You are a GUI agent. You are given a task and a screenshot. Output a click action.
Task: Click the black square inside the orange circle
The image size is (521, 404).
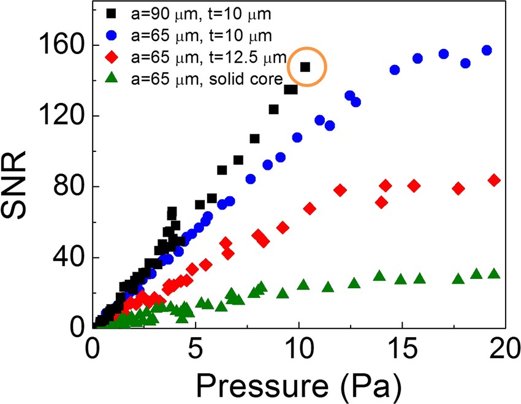305,67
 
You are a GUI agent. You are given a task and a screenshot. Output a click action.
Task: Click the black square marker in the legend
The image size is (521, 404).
112,13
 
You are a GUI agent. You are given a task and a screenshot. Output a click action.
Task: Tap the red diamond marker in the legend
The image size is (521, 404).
112,58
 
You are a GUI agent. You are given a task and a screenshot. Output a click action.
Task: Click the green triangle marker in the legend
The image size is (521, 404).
112,80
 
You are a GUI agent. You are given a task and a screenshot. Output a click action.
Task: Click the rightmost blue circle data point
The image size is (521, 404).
487,50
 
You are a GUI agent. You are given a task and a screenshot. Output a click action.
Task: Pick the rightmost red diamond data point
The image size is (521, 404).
494,180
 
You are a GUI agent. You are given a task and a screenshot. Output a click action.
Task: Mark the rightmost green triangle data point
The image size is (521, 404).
494,273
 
